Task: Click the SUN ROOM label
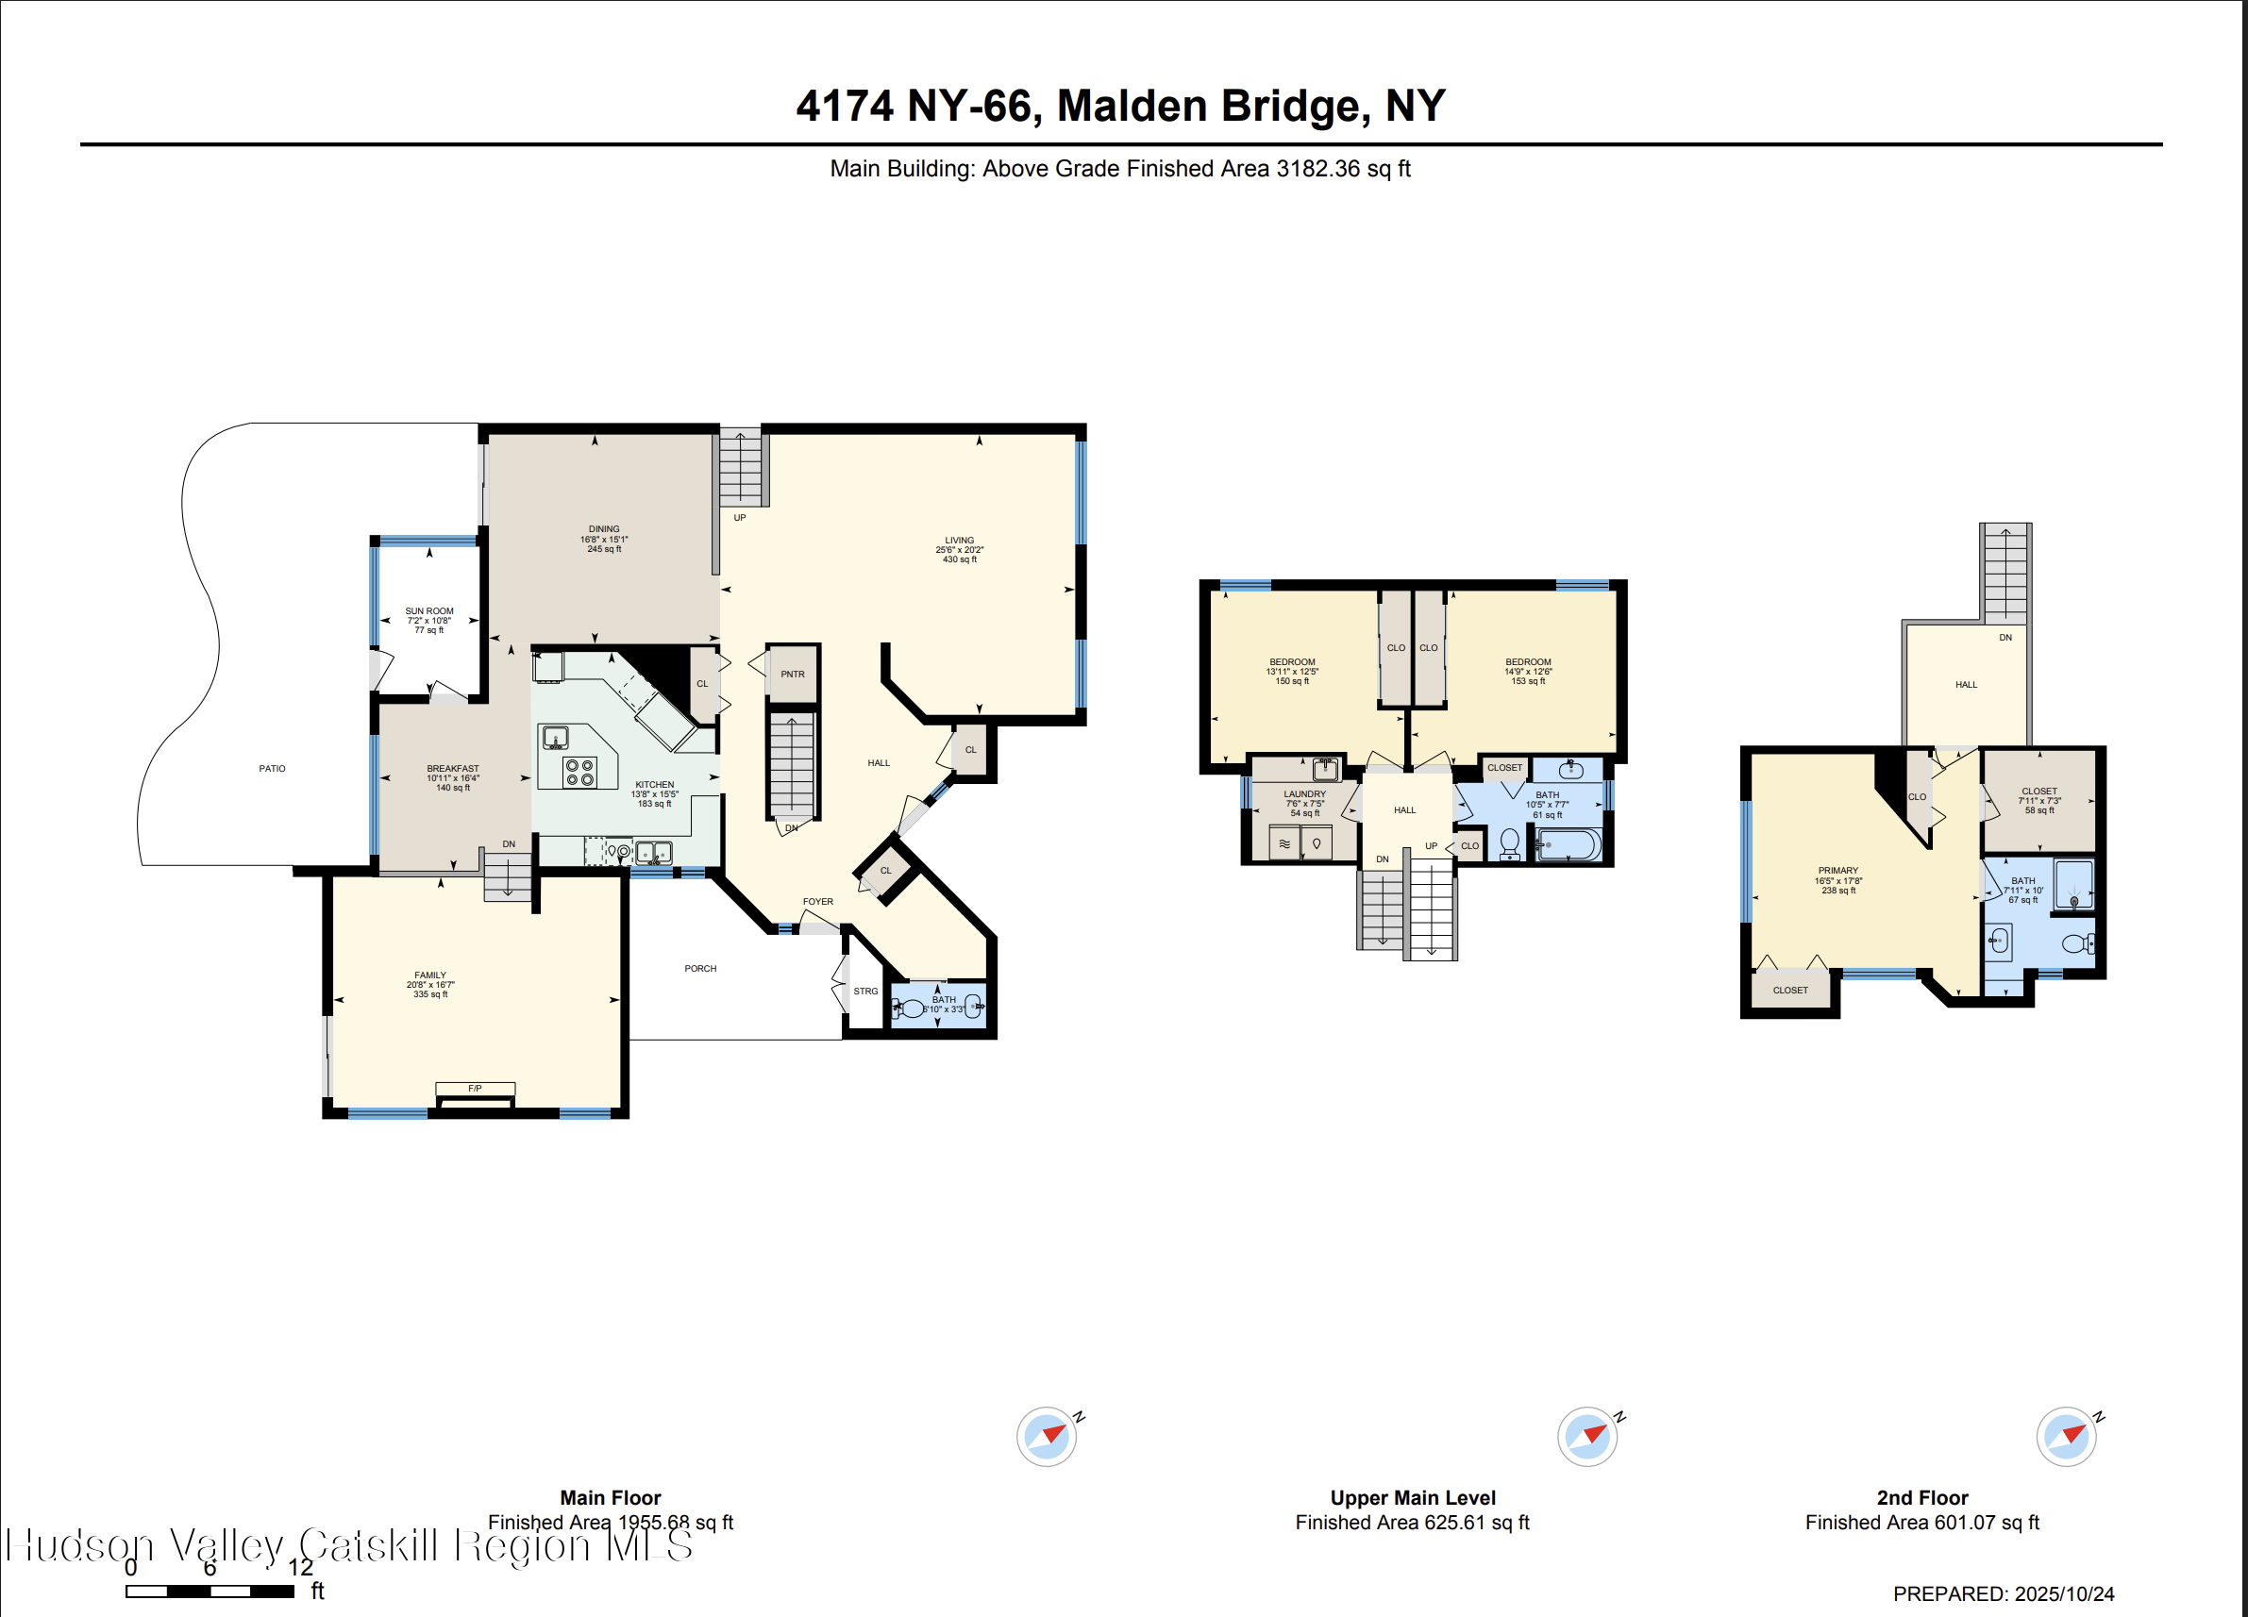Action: tap(429, 611)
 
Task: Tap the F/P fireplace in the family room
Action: tap(475, 1089)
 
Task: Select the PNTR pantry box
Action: tap(792, 675)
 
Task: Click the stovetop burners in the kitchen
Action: tap(579, 773)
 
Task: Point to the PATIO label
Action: tap(272, 769)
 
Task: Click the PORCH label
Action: tap(699, 969)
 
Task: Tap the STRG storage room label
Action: tap(865, 992)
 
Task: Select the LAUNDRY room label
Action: tap(1304, 794)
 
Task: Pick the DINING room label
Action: tap(604, 530)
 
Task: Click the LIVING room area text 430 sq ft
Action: tap(960, 559)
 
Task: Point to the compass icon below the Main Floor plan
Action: tap(1047, 1437)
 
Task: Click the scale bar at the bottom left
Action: tap(210, 1592)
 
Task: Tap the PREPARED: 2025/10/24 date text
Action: tap(2004, 1594)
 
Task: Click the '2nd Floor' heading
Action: tap(1921, 1498)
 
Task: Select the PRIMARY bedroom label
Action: tap(1837, 871)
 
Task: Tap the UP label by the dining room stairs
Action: tap(739, 518)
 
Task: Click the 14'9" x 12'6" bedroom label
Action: tap(1527, 672)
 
